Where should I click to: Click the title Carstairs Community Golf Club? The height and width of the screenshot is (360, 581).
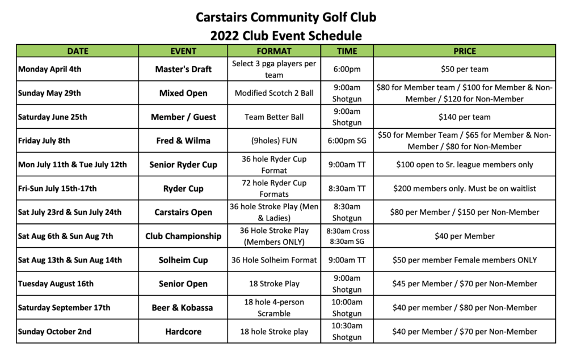pos(286,17)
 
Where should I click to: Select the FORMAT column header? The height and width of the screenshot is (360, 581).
pos(274,51)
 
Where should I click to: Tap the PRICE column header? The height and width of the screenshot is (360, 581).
pos(464,51)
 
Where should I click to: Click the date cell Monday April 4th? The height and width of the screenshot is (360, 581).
pos(50,69)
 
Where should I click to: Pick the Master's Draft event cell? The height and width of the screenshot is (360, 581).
pos(183,69)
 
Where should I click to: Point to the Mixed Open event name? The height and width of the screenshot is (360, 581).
pos(183,93)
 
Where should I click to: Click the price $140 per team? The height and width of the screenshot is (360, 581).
pos(464,117)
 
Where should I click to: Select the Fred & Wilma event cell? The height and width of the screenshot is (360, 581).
pos(183,141)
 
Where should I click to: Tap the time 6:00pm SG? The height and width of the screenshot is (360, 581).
pos(347,141)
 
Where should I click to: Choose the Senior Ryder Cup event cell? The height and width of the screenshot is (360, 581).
pos(183,164)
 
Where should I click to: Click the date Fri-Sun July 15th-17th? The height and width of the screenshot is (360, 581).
pos(57,188)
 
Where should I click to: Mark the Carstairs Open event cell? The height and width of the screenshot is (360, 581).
pos(183,212)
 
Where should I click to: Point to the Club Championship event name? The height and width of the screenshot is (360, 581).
pos(183,236)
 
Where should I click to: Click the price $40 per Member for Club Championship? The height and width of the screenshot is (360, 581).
pos(464,236)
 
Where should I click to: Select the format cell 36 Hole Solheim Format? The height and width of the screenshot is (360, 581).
pos(274,260)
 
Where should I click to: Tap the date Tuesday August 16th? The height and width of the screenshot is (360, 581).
pos(56,283)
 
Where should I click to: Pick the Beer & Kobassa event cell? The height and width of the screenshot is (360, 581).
pos(183,307)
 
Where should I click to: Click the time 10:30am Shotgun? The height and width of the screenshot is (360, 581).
pos(347,331)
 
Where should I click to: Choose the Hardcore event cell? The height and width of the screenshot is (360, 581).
pos(183,331)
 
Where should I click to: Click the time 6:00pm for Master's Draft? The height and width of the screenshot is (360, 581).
pos(347,69)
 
